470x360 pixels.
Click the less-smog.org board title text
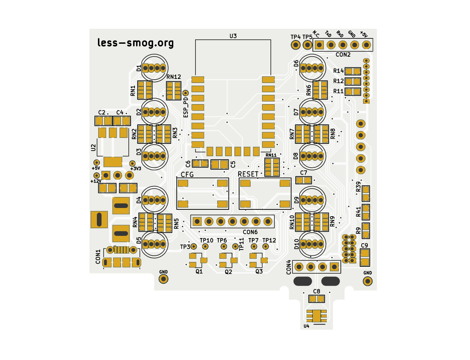pyautogui.click(x=136, y=43)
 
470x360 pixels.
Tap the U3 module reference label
pyautogui.click(x=233, y=36)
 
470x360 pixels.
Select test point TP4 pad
pyautogui.click(x=295, y=45)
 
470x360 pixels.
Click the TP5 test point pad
pyautogui.click(x=307, y=45)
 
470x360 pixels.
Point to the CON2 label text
pyautogui.click(x=343, y=55)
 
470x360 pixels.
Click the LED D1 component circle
pyautogui.click(x=154, y=67)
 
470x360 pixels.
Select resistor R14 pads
pyautogui.click(x=352, y=71)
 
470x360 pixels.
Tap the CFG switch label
pyautogui.click(x=187, y=174)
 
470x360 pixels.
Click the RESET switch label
pyautogui.click(x=248, y=174)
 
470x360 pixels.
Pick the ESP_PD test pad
pyautogui.click(x=185, y=93)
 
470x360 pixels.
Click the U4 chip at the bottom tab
pyautogui.click(x=316, y=316)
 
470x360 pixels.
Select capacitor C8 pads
pyautogui.click(x=316, y=299)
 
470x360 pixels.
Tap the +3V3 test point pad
pyautogui.click(x=132, y=163)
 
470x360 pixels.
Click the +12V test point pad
pyautogui.click(x=96, y=175)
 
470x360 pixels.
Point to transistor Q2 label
pyautogui.click(x=229, y=272)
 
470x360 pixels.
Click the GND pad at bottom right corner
pyautogui.click(x=367, y=281)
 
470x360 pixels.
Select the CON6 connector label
pyautogui.click(x=250, y=232)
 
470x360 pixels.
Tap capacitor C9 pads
pyautogui.click(x=365, y=257)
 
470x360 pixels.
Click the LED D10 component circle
pyautogui.click(x=312, y=244)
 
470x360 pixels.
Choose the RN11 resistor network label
pyautogui.click(x=271, y=155)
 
